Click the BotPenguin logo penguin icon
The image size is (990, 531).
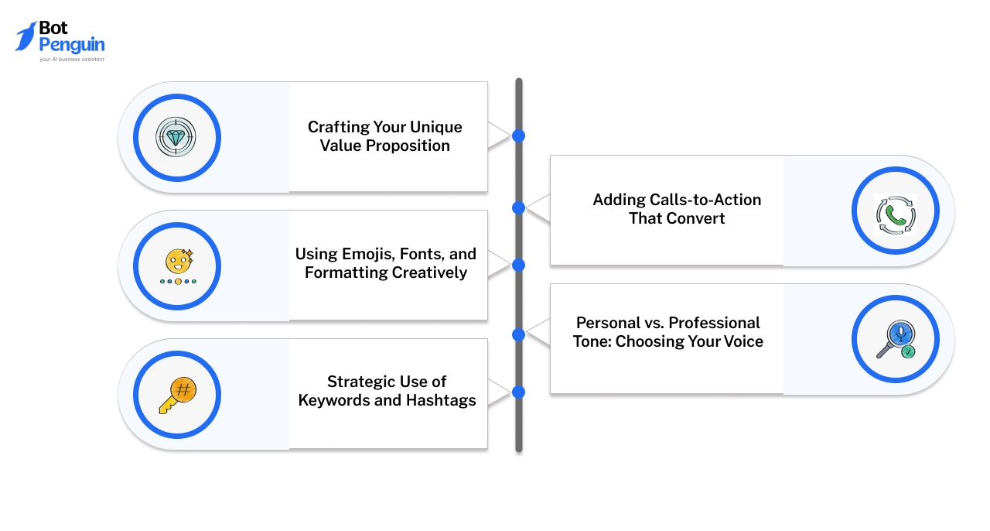(26, 36)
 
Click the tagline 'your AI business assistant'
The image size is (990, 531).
(72, 59)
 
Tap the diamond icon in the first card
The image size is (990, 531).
(176, 137)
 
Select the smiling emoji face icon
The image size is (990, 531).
(177, 262)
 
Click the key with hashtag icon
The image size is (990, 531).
(177, 395)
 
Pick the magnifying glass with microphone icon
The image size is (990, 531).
(895, 340)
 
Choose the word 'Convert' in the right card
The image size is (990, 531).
(698, 218)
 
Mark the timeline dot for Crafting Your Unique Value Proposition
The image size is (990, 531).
(518, 136)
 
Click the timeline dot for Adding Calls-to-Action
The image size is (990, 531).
(518, 207)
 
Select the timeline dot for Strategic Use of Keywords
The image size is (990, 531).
(518, 392)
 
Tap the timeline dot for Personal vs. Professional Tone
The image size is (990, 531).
(518, 335)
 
